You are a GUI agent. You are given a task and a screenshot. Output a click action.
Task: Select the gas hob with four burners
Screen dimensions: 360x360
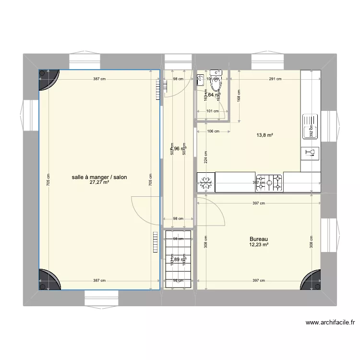(x=269, y=182)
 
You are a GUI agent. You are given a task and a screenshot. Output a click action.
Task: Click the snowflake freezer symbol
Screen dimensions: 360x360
(x=206, y=182)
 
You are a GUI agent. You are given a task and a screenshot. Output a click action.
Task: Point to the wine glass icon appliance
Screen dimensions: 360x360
(x=310, y=153)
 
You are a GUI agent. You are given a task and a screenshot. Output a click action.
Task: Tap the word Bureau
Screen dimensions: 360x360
(x=258, y=239)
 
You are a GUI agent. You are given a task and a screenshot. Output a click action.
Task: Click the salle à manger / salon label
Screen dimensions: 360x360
(x=99, y=177)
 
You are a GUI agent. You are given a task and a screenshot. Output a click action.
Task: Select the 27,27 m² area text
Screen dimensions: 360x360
(x=99, y=183)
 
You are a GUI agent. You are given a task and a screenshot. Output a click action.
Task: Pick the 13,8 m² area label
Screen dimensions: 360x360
(x=264, y=135)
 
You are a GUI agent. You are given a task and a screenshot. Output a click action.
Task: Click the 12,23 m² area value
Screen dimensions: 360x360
(x=258, y=245)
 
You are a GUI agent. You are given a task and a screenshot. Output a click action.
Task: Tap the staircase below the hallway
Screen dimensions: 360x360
(x=178, y=259)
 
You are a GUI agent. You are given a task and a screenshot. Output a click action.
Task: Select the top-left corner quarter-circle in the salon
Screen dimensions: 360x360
(x=48, y=79)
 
